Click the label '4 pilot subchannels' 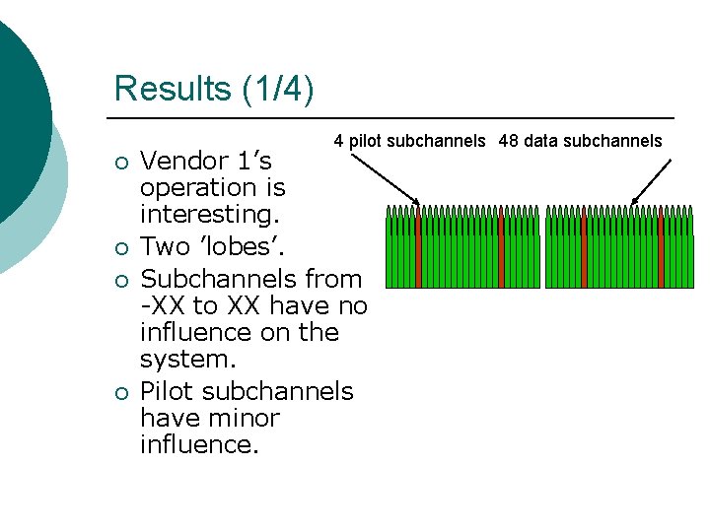(x=409, y=141)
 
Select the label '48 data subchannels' (x=581, y=141)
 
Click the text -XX (x=163, y=306)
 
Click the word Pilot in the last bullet (x=170, y=391)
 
